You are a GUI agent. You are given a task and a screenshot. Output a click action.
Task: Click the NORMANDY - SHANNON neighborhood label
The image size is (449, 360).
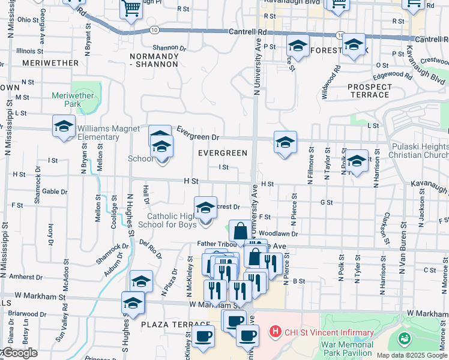click(x=154, y=60)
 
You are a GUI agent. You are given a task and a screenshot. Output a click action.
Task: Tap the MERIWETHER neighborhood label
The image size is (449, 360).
click(x=50, y=62)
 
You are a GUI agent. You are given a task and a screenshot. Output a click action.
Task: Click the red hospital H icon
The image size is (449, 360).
click(x=276, y=331)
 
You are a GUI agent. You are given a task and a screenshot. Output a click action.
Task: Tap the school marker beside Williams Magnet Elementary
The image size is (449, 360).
click(x=64, y=127)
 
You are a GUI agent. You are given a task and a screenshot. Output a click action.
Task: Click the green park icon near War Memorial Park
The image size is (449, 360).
click(x=405, y=340)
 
